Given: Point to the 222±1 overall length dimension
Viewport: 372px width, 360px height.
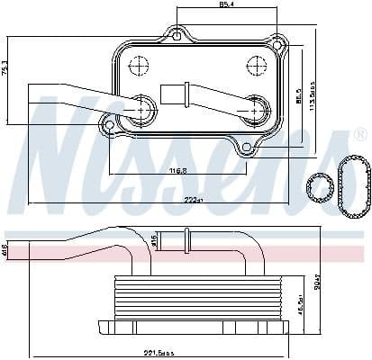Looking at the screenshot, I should click(x=186, y=201).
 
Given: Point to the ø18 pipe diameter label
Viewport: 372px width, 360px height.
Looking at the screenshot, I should click(x=5, y=247).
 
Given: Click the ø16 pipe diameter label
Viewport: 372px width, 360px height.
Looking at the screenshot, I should click(x=154, y=239).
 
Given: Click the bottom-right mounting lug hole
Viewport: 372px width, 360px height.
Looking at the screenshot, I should click(x=247, y=147).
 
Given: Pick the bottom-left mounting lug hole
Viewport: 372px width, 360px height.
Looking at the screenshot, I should click(x=108, y=126).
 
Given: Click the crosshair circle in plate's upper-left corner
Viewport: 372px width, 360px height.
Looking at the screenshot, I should click(x=140, y=65).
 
